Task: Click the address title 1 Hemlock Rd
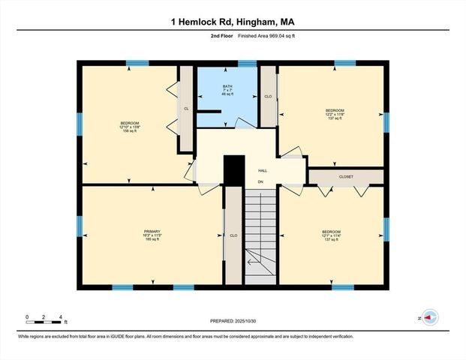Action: click(233, 22)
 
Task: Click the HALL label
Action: click(263, 170)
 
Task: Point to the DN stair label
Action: click(260, 181)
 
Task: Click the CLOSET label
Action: click(346, 176)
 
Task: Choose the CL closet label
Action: click(185, 109)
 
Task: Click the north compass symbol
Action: click(430, 317)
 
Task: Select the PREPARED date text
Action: click(233, 320)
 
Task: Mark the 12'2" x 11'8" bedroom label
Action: click(335, 114)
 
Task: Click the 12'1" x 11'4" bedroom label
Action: click(331, 235)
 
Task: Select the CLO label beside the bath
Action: click(268, 97)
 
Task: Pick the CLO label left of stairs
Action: click(233, 235)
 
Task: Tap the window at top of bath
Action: click(227, 64)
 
